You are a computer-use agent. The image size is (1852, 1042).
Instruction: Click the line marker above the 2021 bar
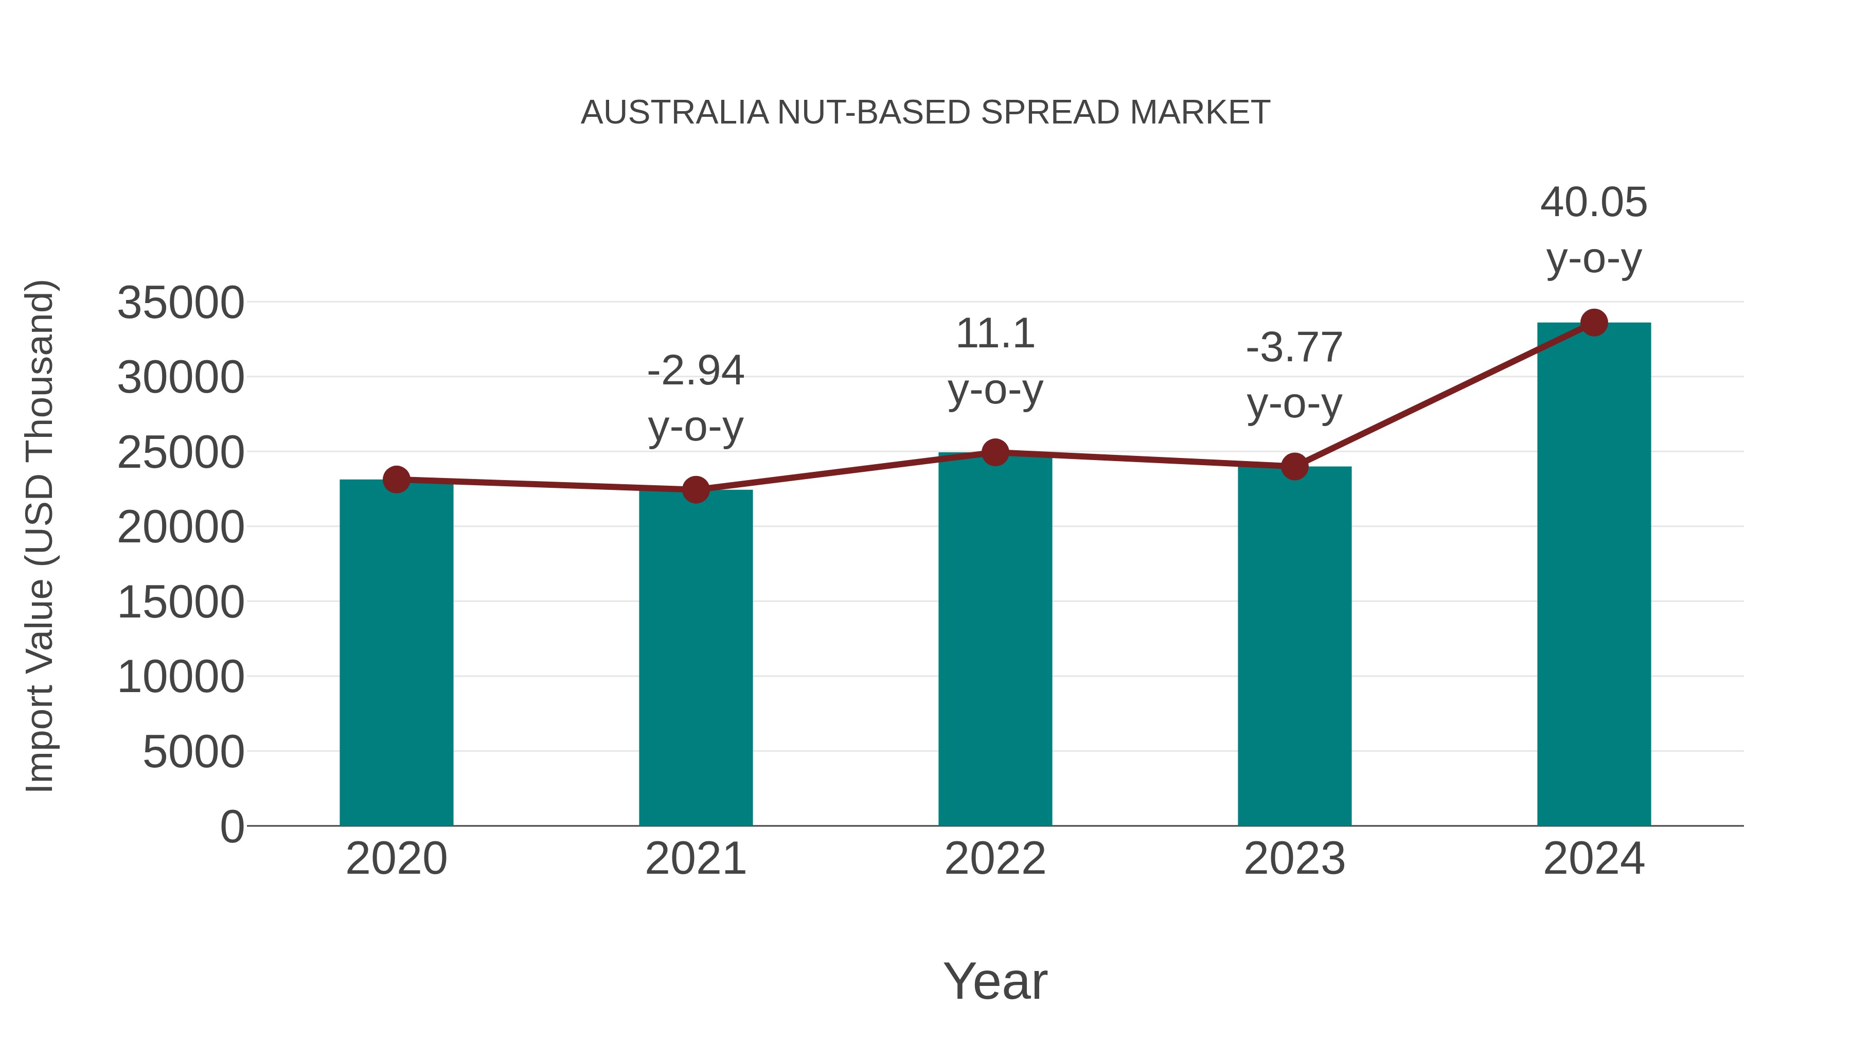pyautogui.click(x=695, y=490)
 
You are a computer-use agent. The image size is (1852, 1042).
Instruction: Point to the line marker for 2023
pyautogui.click(x=1294, y=467)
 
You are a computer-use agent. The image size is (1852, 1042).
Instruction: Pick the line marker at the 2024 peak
pyautogui.click(x=1594, y=323)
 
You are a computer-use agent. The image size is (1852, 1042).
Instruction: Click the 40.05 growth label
pyautogui.click(x=1593, y=202)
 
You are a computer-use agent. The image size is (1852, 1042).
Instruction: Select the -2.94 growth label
pyautogui.click(x=695, y=371)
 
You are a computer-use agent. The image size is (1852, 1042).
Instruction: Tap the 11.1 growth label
pyautogui.click(x=995, y=333)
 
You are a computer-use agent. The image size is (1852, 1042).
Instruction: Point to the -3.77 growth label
pyautogui.click(x=1294, y=348)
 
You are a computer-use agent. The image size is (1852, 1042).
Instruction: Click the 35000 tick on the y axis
pyautogui.click(x=181, y=303)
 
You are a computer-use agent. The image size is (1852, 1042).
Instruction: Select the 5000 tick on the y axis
pyautogui.click(x=193, y=752)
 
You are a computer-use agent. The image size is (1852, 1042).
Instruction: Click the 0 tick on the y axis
pyautogui.click(x=232, y=827)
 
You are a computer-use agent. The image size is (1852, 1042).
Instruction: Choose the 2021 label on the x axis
pyautogui.click(x=695, y=859)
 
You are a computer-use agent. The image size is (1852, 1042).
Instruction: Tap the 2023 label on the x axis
pyautogui.click(x=1294, y=859)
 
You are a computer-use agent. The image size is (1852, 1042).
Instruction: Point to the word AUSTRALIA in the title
pyautogui.click(x=674, y=113)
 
